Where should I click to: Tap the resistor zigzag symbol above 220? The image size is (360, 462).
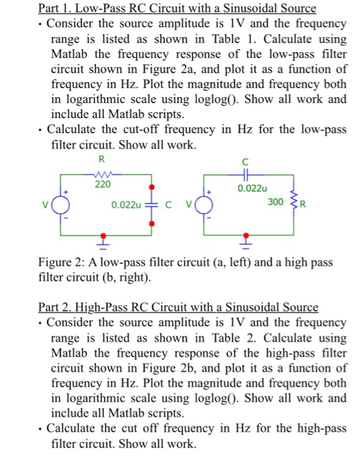tap(102, 175)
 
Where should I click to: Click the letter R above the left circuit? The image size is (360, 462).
tap(101, 159)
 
